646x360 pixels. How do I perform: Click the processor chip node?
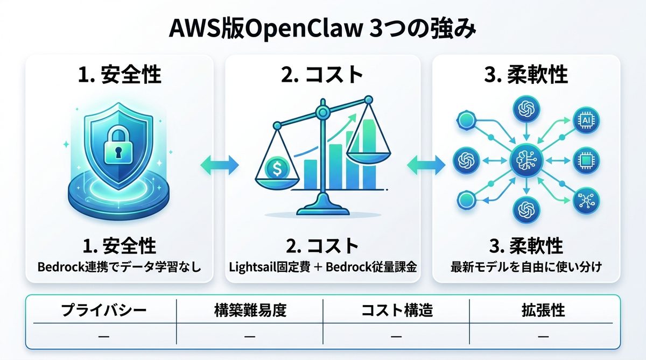[586, 160]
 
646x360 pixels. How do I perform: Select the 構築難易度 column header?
[249, 310]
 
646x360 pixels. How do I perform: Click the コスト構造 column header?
[396, 310]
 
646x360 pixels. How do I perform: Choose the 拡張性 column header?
[543, 310]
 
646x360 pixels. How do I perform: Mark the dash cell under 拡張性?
[543, 337]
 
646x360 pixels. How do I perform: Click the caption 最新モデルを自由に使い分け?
[526, 266]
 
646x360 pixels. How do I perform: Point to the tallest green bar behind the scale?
[369, 156]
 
